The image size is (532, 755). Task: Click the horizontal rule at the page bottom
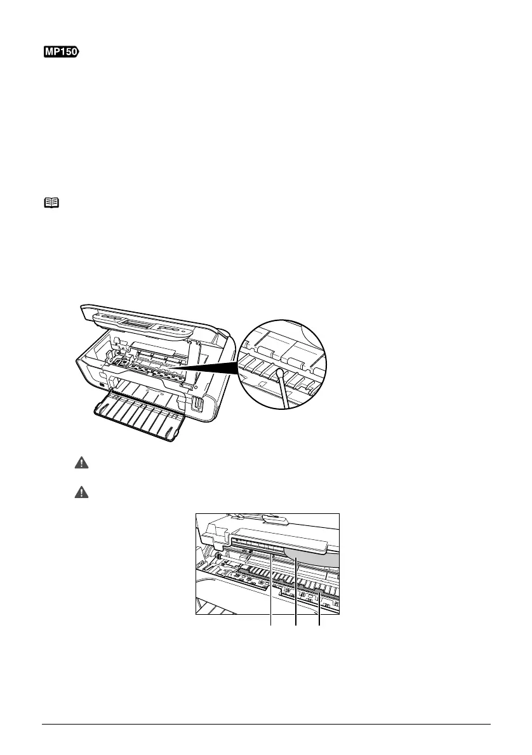point(266,725)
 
